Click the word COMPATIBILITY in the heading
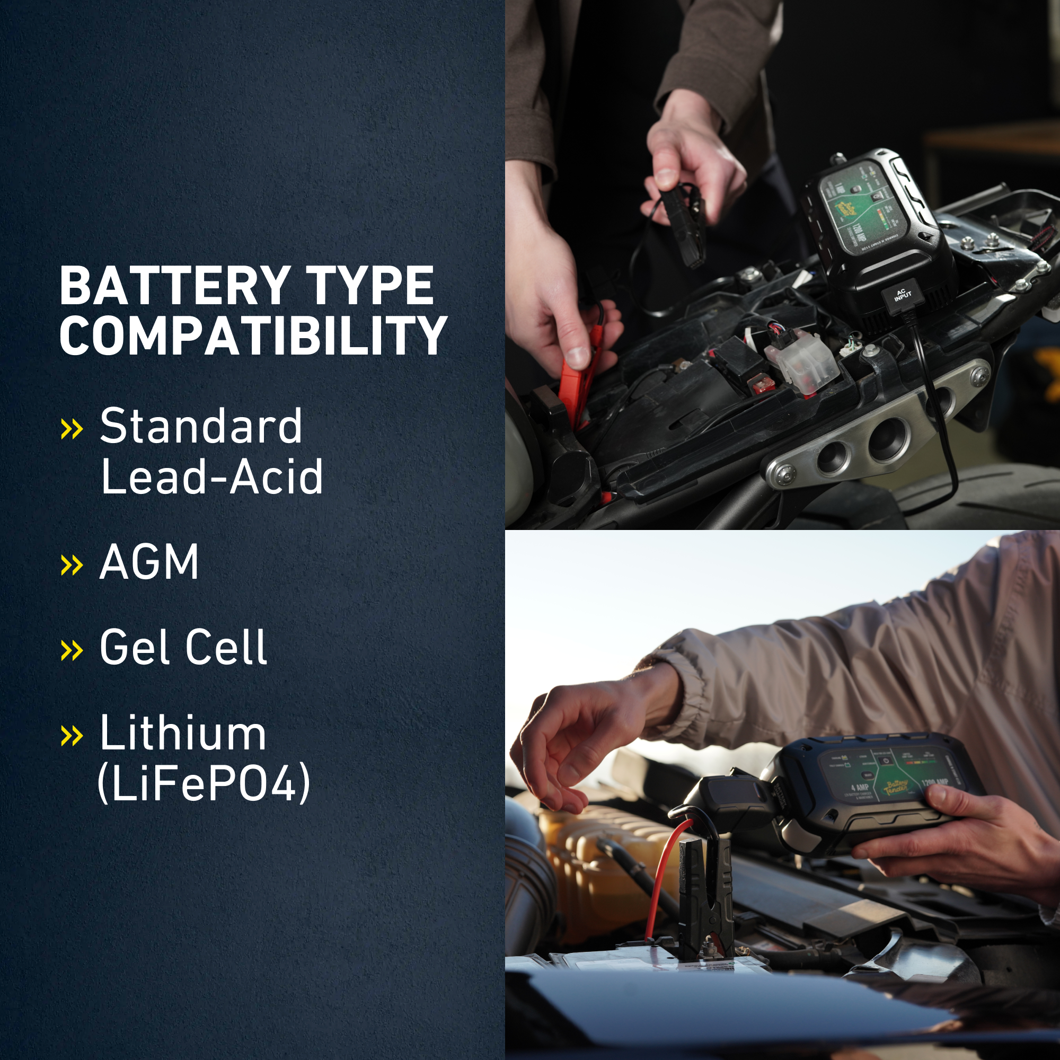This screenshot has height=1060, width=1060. [x=253, y=336]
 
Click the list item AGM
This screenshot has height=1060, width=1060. [x=149, y=562]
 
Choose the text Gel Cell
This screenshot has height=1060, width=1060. [x=183, y=648]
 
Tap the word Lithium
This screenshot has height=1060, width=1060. [x=183, y=733]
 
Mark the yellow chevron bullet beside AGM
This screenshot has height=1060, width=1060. [x=72, y=564]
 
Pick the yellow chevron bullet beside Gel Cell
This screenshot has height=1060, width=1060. [x=72, y=650]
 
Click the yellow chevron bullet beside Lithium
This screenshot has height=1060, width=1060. [x=72, y=735]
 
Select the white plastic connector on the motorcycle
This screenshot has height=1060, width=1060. [x=804, y=362]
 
